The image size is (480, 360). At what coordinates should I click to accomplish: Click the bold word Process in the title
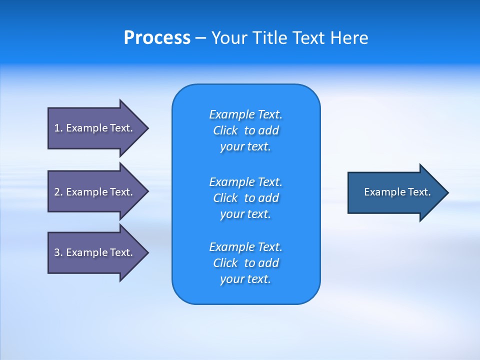coord(157,38)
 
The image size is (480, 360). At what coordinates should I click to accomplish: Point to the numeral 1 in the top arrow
coord(57,128)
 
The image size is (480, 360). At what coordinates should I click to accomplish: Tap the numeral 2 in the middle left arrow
coord(57,192)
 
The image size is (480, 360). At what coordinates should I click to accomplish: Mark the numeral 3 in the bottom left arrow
coord(57,252)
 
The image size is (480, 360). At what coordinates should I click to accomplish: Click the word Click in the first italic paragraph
coord(225,130)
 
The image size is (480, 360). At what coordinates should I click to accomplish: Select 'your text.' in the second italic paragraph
coord(245,214)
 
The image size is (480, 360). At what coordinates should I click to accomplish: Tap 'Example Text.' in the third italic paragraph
coord(245,247)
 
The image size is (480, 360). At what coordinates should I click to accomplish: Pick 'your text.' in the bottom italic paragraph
coord(245,279)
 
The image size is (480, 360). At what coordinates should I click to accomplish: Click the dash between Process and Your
coord(200,38)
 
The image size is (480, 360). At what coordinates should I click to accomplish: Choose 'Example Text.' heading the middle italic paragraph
coord(245,182)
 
